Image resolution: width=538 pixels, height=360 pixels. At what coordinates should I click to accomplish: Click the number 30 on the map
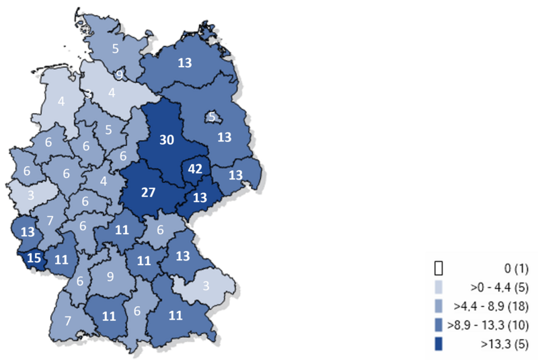[x=166, y=139]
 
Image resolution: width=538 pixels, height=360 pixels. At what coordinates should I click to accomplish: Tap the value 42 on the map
[x=196, y=168]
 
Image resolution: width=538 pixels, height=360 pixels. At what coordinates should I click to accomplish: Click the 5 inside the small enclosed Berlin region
[x=211, y=117]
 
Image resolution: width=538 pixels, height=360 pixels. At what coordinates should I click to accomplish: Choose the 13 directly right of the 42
[x=235, y=175]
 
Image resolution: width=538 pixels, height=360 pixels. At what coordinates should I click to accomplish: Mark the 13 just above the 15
[x=28, y=232]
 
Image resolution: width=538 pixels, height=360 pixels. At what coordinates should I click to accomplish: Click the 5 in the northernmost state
[x=116, y=48]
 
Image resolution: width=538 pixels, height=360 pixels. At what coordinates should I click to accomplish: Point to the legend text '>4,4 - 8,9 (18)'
[x=493, y=307]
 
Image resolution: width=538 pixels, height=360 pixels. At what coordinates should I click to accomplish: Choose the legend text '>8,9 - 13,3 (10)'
[x=490, y=326]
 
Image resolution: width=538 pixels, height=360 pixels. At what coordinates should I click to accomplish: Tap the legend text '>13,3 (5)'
[x=506, y=345]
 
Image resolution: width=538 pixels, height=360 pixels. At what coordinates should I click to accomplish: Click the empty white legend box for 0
[x=438, y=268]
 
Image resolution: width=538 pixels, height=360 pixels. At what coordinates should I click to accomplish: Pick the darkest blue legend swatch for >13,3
[x=438, y=345]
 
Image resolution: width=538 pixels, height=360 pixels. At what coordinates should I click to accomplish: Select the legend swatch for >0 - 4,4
[x=438, y=288]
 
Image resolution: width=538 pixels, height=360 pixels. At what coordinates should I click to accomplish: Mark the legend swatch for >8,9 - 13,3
[x=438, y=326]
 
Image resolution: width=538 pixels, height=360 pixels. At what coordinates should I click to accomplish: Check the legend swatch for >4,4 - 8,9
[x=438, y=307]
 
